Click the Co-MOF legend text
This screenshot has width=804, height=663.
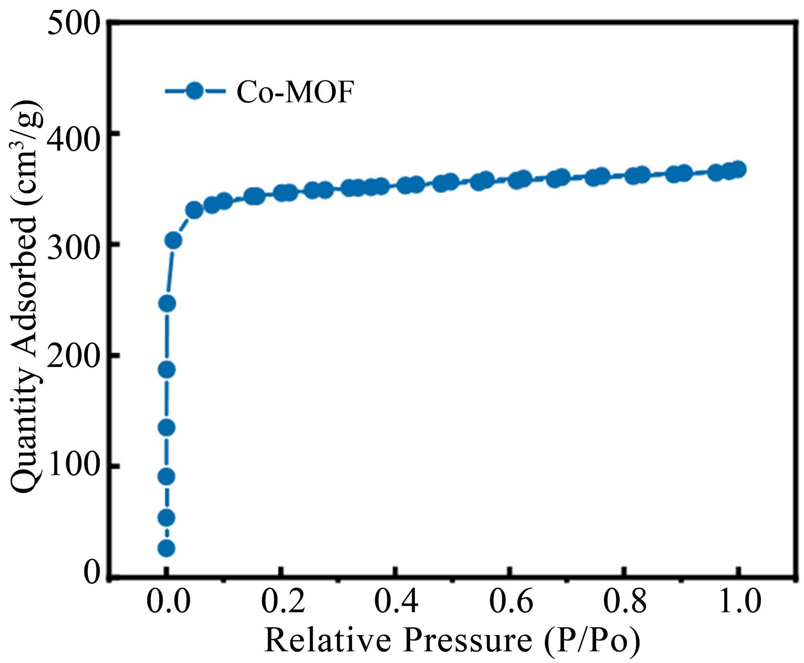point(295,92)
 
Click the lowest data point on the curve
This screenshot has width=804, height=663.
point(166,548)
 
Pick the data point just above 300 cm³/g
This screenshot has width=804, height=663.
point(173,240)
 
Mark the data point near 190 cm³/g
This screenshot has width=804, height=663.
point(167,369)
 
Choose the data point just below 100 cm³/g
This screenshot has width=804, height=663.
point(166,477)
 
